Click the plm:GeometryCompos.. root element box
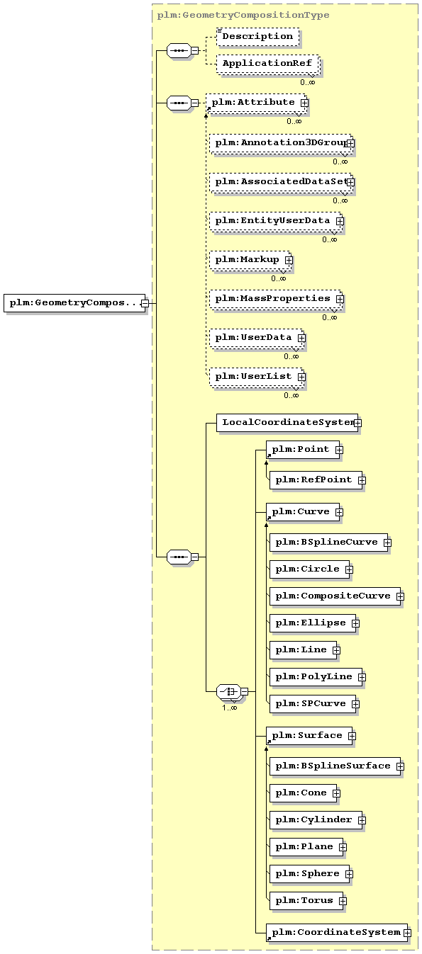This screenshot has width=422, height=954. pos(74,303)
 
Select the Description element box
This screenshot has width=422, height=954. pos(257,37)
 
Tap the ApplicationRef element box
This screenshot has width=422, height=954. pos(267,64)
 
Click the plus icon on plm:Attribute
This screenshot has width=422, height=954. pos(304,103)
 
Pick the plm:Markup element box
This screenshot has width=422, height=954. pos(250,260)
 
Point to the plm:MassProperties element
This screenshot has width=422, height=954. pos(276,299)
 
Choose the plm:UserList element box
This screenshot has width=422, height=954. pos(257,377)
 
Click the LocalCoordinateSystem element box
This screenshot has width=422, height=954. pos(287,423)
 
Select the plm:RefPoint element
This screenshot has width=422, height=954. pos(316,480)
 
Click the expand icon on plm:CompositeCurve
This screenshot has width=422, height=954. pos(400,596)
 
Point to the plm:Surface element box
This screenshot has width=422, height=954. pos(309,736)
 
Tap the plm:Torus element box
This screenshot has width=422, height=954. pos(306,901)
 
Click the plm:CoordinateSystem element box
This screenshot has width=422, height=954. pos(337,933)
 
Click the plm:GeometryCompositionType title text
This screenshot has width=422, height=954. pos(243,16)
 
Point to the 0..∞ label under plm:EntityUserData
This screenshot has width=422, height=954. pos(329,240)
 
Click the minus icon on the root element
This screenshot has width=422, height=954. pos(145,304)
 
